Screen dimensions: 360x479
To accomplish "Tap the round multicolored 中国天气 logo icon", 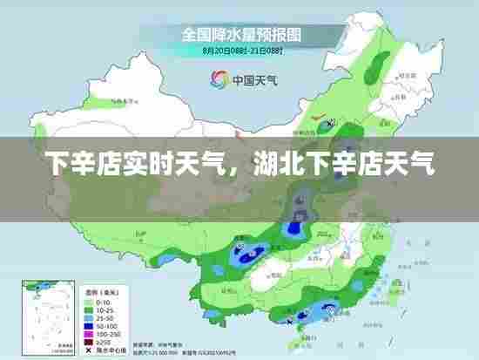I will [218, 79].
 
